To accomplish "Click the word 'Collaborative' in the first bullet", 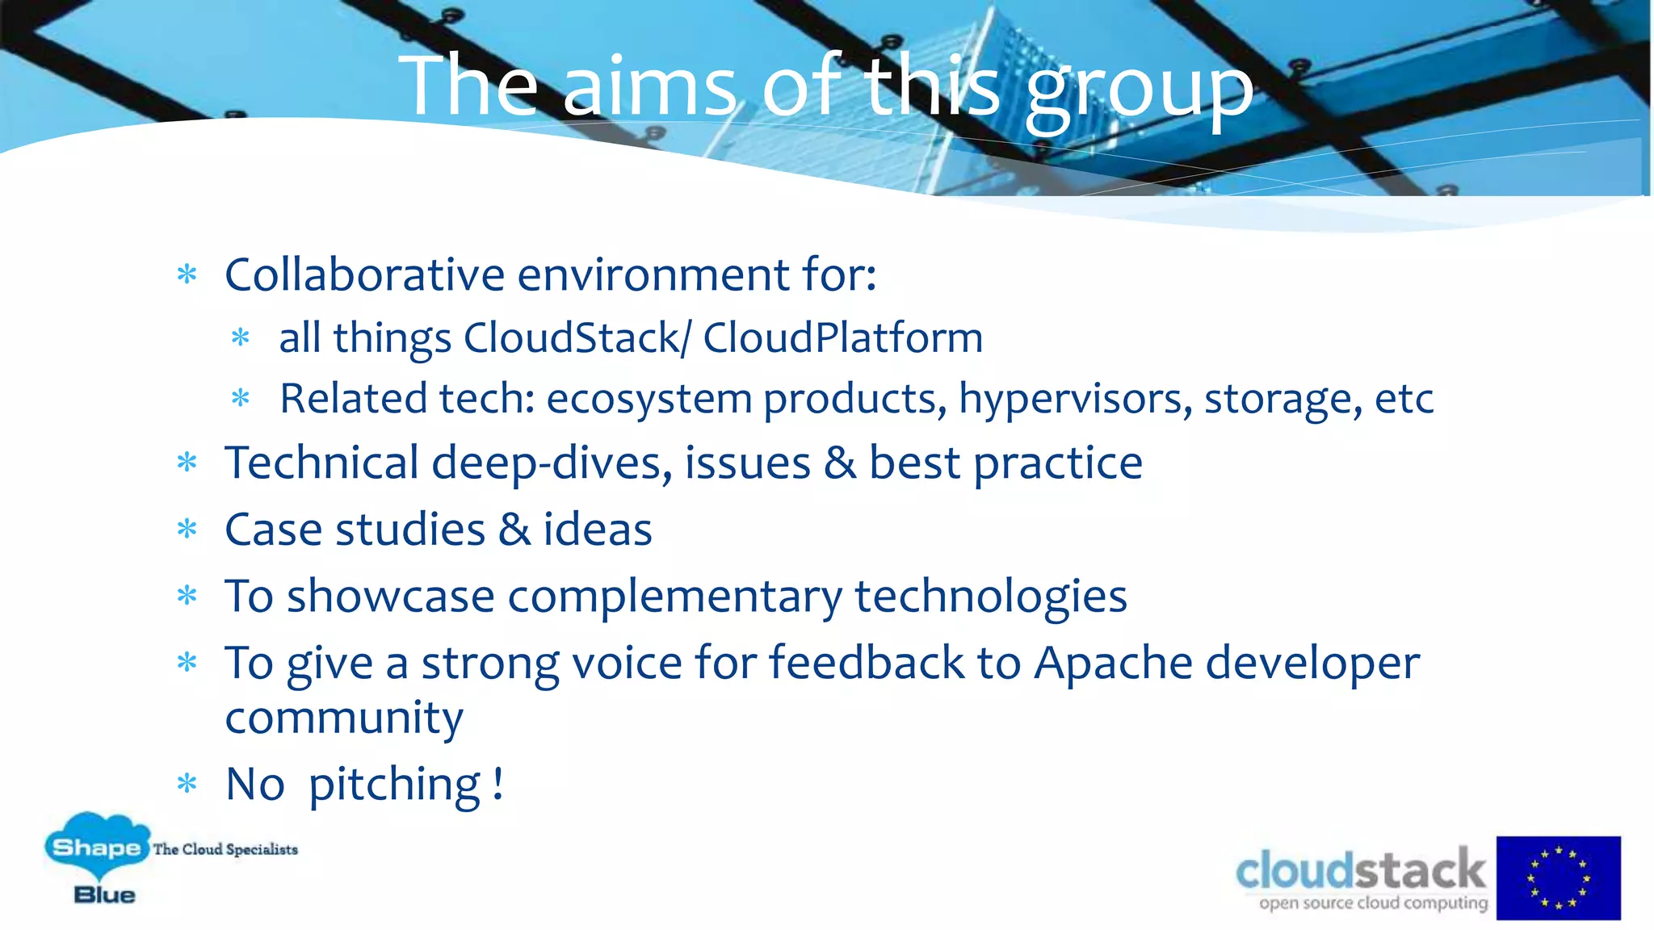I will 364,274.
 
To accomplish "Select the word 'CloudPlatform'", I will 842,337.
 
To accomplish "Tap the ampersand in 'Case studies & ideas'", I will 514,530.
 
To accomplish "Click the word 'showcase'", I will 390,597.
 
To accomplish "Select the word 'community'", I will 344,718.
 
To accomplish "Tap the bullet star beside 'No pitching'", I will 187,783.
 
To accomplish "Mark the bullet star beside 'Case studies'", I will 187,529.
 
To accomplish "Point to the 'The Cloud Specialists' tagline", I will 225,849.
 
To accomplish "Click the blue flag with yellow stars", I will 1558,878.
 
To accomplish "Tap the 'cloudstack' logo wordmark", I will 1360,870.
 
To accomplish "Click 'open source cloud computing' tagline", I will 1373,903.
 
